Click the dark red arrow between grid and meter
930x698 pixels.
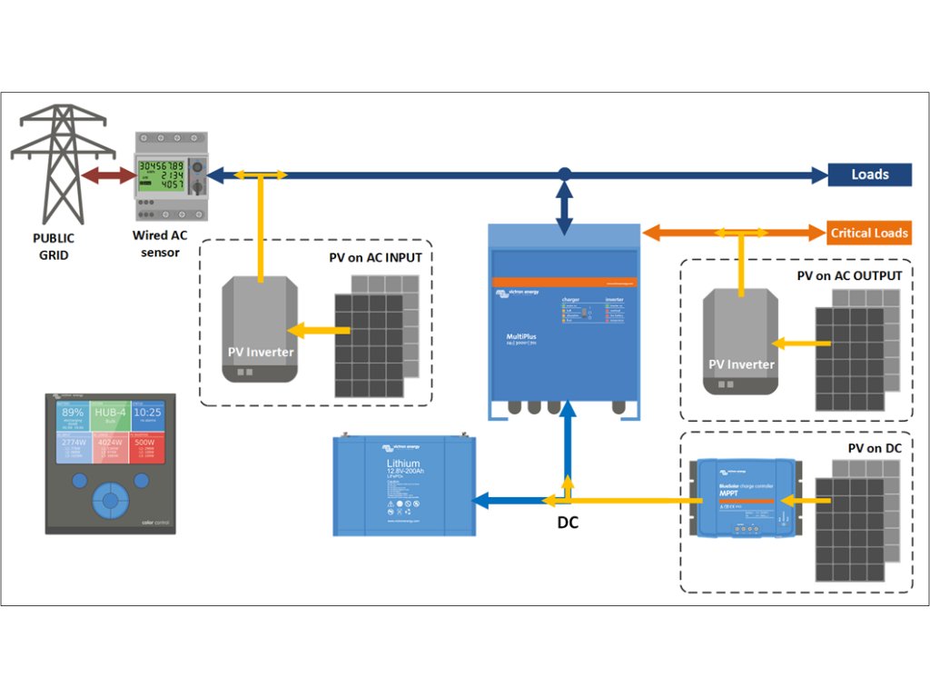point(108,175)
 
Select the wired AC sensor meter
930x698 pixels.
point(172,176)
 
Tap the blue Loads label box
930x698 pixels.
point(869,174)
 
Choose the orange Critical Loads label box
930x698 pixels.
point(868,233)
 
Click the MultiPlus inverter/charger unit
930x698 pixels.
point(563,323)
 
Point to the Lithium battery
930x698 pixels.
point(404,485)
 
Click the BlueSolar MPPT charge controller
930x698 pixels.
point(746,497)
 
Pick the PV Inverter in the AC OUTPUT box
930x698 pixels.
point(741,342)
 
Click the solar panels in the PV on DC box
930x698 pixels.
point(863,523)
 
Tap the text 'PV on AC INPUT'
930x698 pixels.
point(375,257)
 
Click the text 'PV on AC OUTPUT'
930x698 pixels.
point(849,275)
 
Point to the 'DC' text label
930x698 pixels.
point(568,523)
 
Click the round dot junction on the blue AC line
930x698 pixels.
point(564,174)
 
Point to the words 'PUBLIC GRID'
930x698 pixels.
point(54,246)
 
